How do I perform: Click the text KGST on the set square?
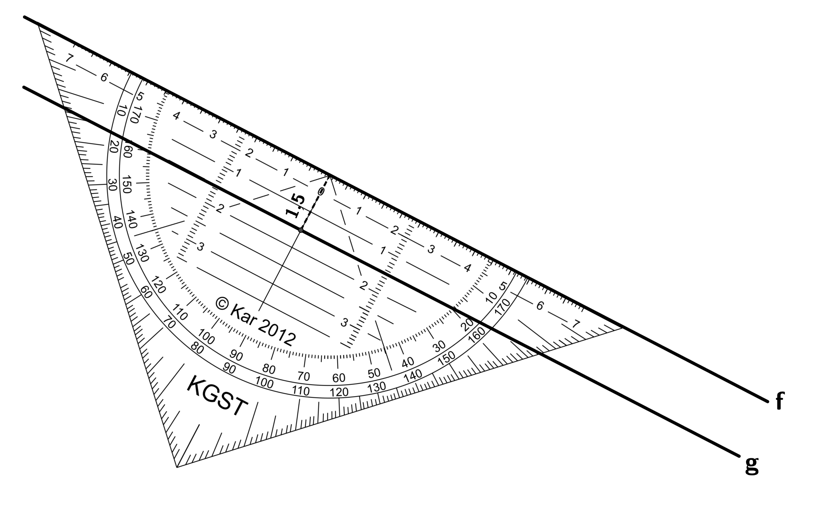point(217,396)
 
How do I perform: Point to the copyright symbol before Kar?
point(222,304)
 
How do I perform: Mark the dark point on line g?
point(301,230)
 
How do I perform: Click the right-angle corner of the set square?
point(177,467)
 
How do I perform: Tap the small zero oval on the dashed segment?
point(321,192)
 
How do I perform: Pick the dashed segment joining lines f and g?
point(315,203)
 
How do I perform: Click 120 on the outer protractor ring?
point(339,393)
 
